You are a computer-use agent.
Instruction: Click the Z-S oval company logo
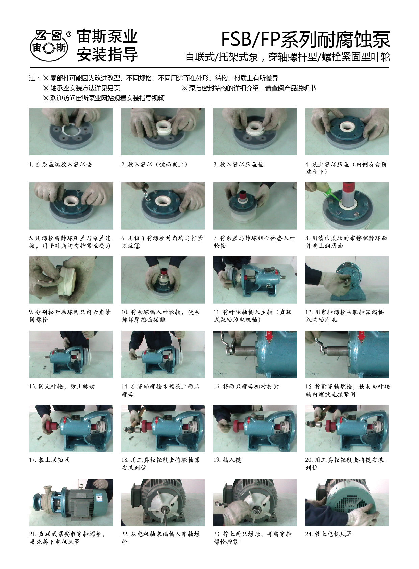point(49,46)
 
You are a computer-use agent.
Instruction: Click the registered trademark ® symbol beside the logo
point(69,34)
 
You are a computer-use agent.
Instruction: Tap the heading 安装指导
point(107,54)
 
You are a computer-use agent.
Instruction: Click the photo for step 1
point(71,131)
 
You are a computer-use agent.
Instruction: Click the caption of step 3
point(238,164)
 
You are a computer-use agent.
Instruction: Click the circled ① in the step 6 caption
point(137,246)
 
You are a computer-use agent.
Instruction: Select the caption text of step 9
point(70,316)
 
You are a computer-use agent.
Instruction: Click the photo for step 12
point(347,280)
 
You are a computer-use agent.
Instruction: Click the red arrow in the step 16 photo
point(361,336)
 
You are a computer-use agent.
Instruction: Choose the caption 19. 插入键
point(227,460)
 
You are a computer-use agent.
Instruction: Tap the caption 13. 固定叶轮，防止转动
point(62,387)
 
